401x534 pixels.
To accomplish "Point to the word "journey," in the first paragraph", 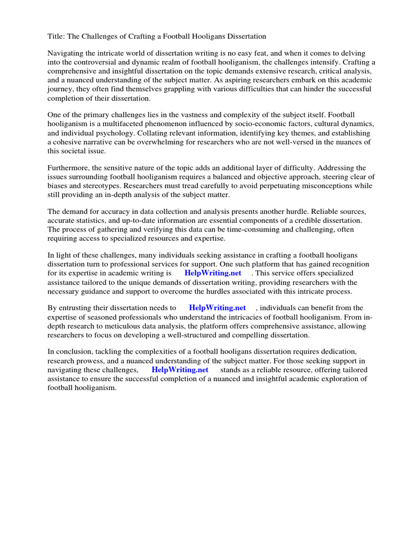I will pos(62,89).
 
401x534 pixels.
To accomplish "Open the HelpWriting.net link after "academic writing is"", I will pos(213,273).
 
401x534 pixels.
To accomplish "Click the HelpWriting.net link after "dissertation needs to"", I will pos(217,308).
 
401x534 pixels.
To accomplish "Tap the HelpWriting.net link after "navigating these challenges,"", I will pos(180,370).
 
